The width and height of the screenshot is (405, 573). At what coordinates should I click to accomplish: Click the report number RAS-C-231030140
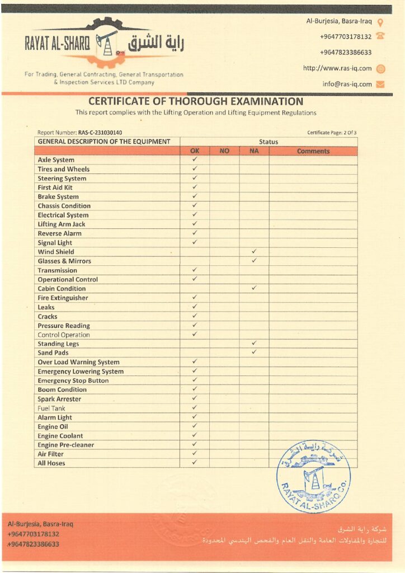(x=100, y=133)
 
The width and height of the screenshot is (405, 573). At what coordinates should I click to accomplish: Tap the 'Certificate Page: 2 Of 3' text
(x=332, y=133)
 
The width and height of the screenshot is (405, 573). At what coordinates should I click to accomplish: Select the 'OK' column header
(x=195, y=151)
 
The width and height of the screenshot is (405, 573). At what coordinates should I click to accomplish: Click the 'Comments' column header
(x=313, y=151)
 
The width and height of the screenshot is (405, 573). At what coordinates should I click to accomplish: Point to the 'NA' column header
(x=254, y=151)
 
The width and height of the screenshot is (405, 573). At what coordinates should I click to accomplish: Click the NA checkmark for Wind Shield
(x=254, y=252)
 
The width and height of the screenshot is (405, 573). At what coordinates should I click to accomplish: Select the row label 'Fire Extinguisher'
(x=63, y=298)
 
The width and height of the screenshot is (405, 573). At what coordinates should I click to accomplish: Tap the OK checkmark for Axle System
(x=195, y=159)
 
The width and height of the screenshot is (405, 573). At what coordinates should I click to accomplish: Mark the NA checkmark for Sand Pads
(x=254, y=353)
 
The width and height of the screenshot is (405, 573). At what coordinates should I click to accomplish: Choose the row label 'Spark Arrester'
(x=59, y=399)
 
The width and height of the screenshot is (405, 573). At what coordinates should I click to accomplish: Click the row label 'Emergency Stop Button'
(x=73, y=381)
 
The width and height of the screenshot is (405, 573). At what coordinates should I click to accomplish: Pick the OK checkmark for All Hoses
(x=195, y=463)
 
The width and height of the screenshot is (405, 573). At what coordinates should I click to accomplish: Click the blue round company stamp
(x=313, y=476)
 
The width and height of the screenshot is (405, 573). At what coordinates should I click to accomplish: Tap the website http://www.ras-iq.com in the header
(x=337, y=68)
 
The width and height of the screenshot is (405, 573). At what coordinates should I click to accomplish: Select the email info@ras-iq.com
(x=347, y=84)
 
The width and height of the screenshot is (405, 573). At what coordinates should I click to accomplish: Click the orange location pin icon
(x=380, y=23)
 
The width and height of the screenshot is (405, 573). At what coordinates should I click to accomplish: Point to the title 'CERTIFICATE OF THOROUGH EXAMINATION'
(x=196, y=102)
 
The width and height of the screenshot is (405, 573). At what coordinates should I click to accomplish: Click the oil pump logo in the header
(x=106, y=43)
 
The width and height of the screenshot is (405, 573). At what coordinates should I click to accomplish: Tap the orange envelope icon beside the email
(x=380, y=84)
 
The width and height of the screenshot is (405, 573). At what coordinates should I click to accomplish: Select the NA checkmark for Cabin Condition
(x=254, y=288)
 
